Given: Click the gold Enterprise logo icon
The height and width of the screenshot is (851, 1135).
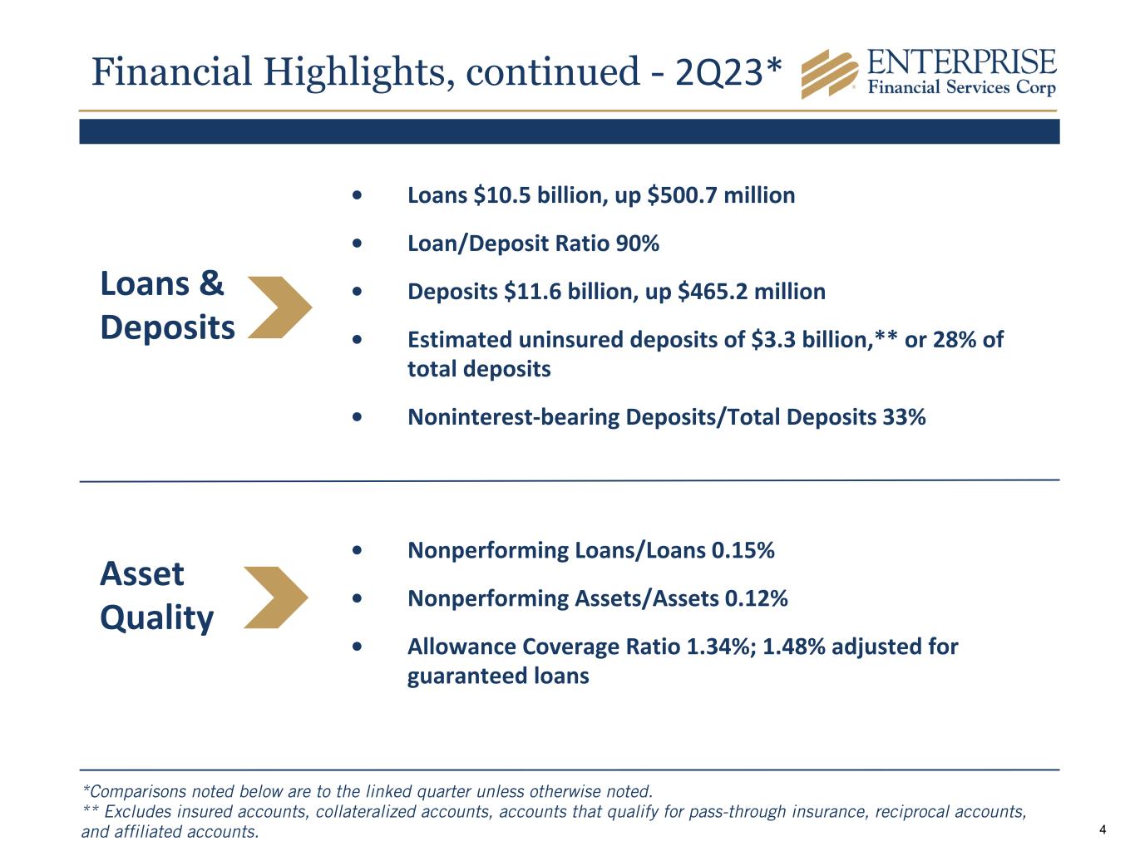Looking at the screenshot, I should click(829, 74).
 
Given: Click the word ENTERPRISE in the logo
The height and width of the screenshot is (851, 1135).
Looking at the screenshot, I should click(961, 62).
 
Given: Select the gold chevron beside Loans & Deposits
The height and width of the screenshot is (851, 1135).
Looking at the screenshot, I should click(279, 307).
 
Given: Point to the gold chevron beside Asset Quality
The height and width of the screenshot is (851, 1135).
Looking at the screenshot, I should click(276, 598).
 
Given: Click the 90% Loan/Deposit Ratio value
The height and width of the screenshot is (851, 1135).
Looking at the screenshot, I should click(637, 244).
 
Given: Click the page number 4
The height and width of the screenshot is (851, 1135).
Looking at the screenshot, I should click(1103, 829).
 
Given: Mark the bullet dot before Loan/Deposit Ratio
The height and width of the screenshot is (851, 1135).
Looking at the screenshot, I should click(357, 244).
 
